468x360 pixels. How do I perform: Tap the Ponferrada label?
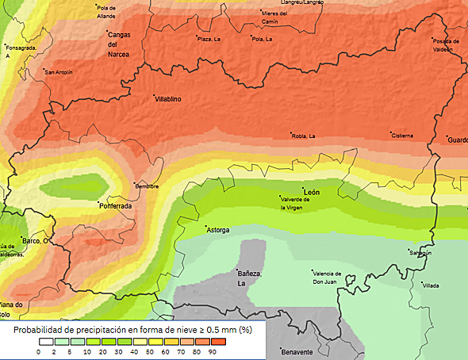[x=115, y=205]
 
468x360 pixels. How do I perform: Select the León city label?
[x=312, y=192]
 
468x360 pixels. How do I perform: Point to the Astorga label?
[x=217, y=230]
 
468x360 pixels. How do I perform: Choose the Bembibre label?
[x=148, y=186]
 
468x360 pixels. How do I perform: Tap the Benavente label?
[x=297, y=350]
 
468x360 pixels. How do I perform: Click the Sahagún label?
[x=420, y=253]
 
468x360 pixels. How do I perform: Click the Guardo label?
[x=458, y=140]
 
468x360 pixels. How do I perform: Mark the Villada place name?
[x=431, y=285]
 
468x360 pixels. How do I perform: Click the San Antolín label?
[x=59, y=72]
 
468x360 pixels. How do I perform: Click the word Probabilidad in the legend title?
[x=40, y=329]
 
